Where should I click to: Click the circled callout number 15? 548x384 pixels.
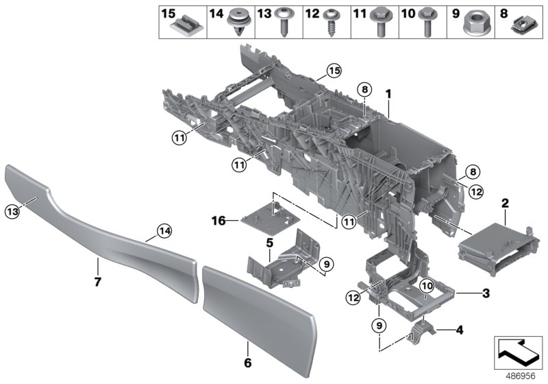(334, 70)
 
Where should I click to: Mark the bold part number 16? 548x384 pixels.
(218, 221)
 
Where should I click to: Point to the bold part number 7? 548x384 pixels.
(97, 282)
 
